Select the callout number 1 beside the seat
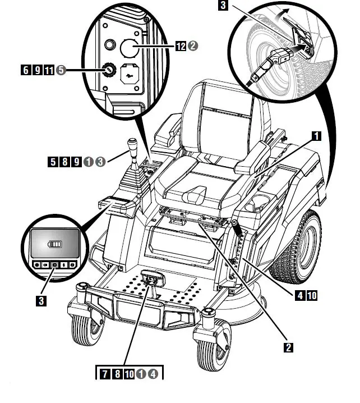coord(316,136)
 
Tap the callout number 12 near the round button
coord(181,45)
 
